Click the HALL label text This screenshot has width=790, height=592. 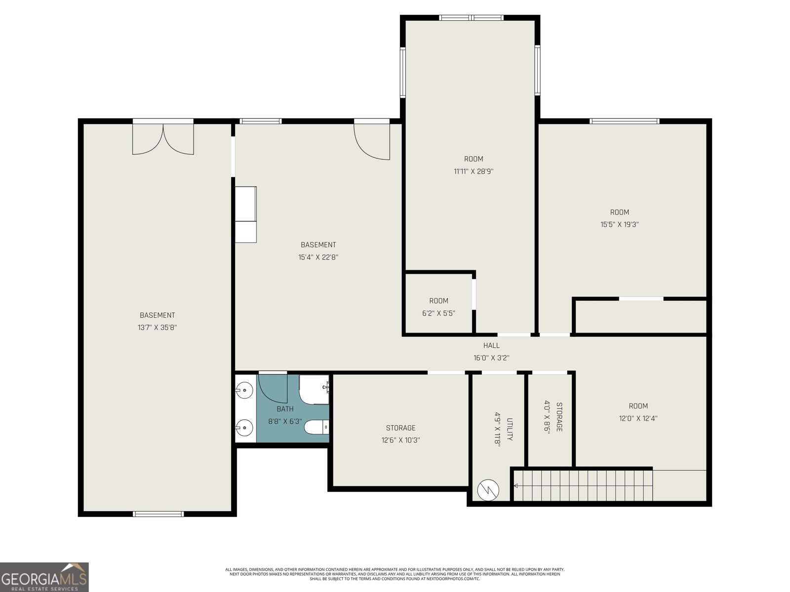(x=491, y=346)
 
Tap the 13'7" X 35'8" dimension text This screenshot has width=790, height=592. (x=157, y=328)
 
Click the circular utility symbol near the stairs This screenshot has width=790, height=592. (x=488, y=490)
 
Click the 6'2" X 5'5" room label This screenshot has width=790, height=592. (x=438, y=313)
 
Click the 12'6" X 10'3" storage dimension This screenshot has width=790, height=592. (x=400, y=440)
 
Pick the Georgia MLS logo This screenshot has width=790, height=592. (x=44, y=577)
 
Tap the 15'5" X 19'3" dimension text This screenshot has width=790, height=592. (x=620, y=224)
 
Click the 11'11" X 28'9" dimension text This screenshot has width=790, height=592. (x=474, y=172)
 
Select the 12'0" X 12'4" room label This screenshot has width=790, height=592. (x=638, y=418)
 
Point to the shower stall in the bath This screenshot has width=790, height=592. (x=314, y=390)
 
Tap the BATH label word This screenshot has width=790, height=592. (x=285, y=409)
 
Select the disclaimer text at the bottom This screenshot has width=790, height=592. (x=395, y=574)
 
